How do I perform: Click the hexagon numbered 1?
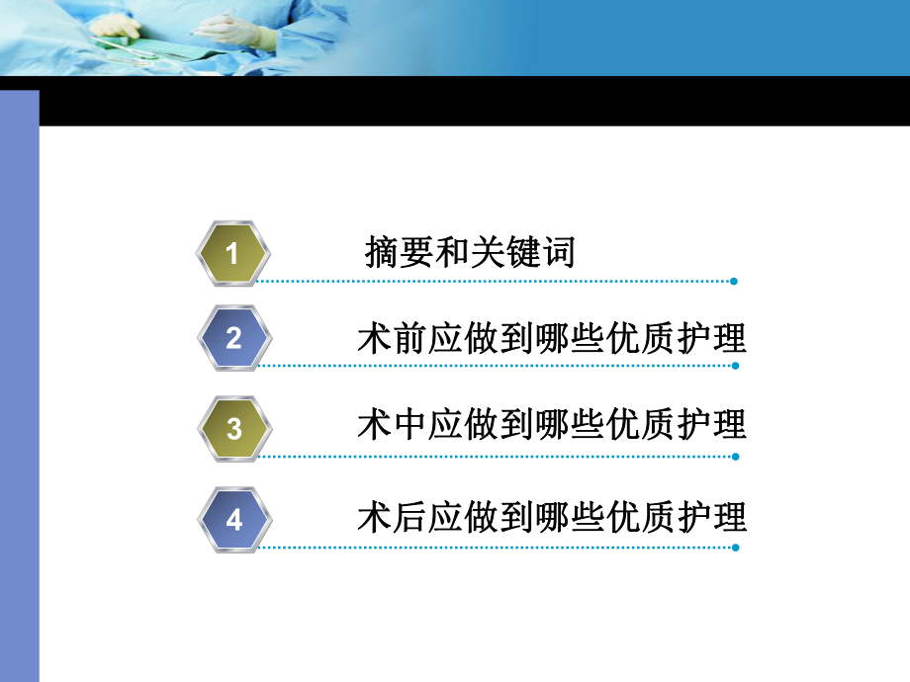click(x=233, y=255)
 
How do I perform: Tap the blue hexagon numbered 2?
click(x=233, y=339)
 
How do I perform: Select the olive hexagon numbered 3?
click(x=233, y=428)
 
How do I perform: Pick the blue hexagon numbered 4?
click(x=233, y=519)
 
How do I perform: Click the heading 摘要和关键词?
click(x=470, y=253)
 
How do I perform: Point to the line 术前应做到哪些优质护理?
click(x=551, y=339)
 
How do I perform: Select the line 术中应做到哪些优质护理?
click(x=551, y=425)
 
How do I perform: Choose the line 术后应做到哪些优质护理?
click(x=551, y=517)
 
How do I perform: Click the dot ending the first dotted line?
click(x=734, y=282)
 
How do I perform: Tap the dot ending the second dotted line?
click(x=734, y=366)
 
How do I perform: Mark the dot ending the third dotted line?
click(x=734, y=457)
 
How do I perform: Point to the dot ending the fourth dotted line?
click(x=734, y=547)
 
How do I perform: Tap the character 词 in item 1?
click(x=558, y=253)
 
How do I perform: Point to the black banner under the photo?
click(x=475, y=102)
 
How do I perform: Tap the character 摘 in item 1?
click(x=383, y=253)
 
